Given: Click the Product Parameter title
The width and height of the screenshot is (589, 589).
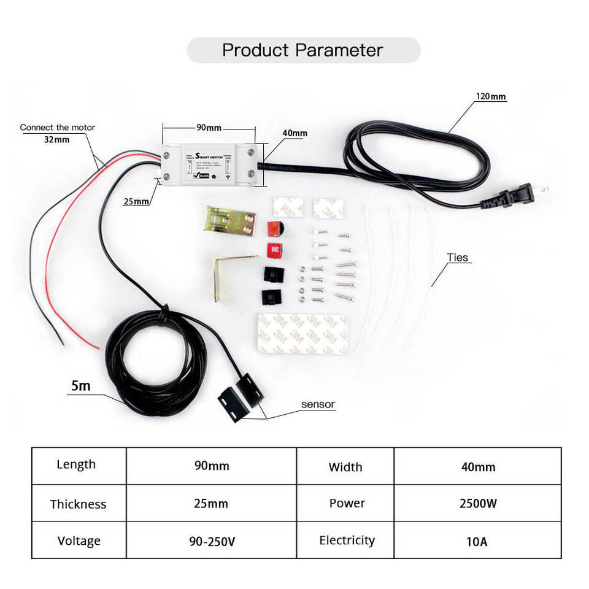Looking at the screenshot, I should (302, 50).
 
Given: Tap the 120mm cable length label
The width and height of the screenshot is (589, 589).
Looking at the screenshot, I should (491, 96).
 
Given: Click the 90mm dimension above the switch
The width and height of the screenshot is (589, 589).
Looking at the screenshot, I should (209, 128).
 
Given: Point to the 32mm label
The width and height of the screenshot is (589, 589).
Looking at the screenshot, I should (56, 139).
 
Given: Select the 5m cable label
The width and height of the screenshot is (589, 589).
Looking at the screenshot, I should (80, 386).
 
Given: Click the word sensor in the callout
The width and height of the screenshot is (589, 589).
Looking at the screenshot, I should (318, 404).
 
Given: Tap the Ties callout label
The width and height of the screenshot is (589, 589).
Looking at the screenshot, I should (458, 258).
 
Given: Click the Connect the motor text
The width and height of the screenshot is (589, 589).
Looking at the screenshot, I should (58, 128).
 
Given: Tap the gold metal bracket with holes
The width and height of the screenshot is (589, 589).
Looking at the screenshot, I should (229, 220).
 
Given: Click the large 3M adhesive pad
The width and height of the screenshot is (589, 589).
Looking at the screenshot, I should (302, 334).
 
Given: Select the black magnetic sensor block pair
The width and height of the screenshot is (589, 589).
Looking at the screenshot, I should (240, 393).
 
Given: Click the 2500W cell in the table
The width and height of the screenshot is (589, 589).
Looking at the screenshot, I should (478, 504).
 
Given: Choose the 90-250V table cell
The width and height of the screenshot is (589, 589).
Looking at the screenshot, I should (212, 542).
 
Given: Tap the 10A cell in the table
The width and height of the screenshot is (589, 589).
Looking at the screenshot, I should (477, 542).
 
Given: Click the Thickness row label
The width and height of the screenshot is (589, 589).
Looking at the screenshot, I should (78, 504).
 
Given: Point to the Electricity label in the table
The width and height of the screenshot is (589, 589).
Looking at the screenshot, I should (347, 541).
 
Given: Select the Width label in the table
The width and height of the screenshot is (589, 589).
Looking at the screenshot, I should (345, 467).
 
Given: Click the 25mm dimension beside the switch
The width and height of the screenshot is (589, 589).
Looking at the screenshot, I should (136, 201).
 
